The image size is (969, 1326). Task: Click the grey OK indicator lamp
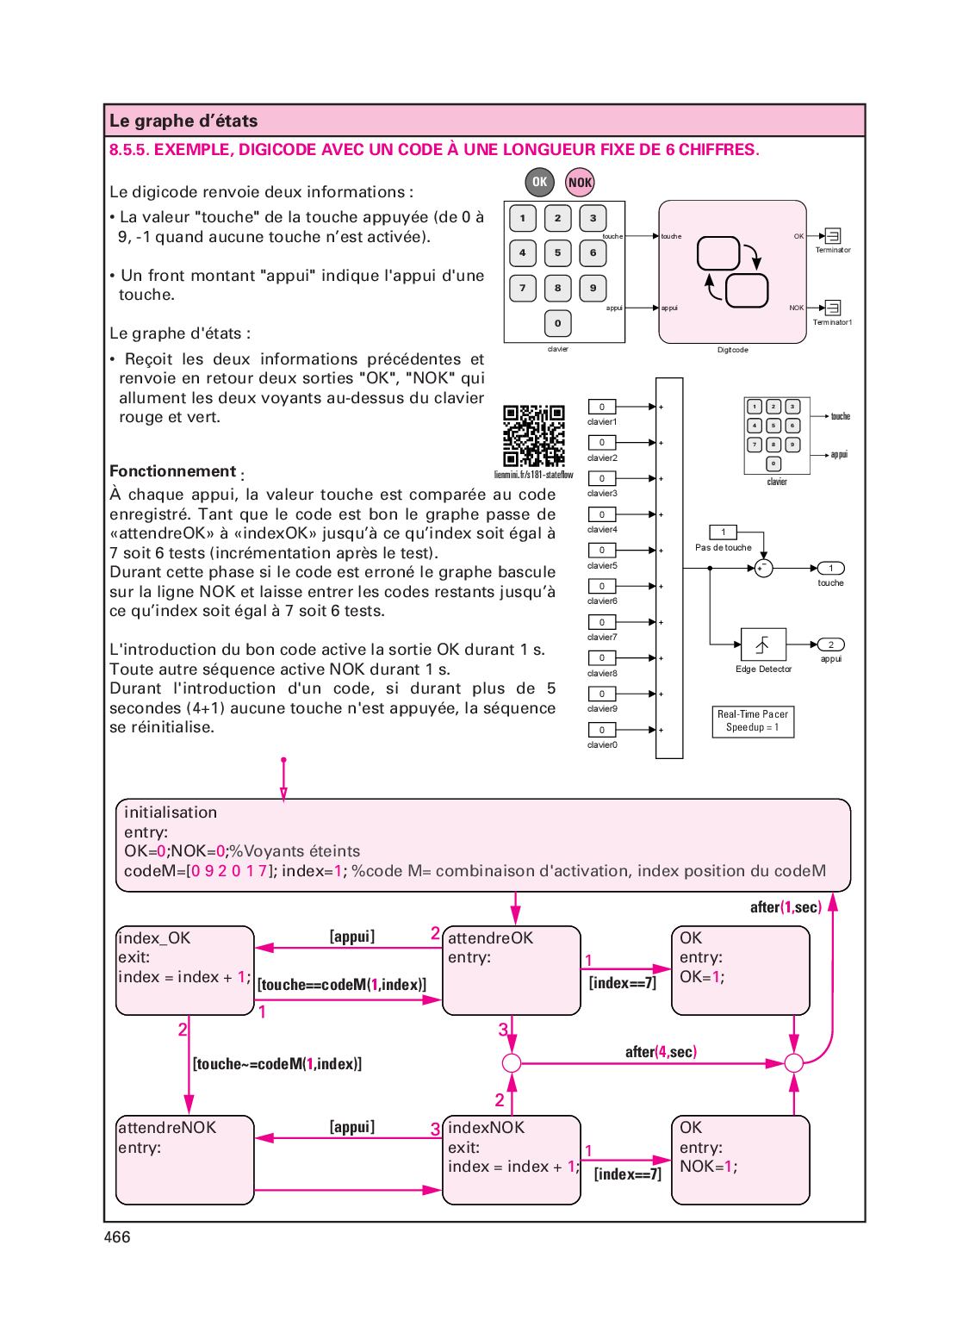point(539,182)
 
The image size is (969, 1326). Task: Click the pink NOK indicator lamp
point(580,182)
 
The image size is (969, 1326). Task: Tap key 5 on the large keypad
point(557,253)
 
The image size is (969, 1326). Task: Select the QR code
point(534,436)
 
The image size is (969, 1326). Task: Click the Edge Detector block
point(763,644)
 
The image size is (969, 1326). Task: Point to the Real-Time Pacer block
point(752,721)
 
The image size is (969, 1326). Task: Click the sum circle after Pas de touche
point(763,568)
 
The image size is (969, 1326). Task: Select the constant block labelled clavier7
point(602,622)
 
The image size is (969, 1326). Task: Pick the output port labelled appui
point(830,644)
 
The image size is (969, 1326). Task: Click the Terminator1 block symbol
point(833,308)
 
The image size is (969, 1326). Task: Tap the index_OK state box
point(185,970)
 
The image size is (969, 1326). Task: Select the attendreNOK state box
point(185,1160)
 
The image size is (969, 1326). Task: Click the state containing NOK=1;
point(740,1160)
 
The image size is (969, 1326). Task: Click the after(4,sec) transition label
point(661,1052)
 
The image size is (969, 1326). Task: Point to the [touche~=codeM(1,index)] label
point(277,1064)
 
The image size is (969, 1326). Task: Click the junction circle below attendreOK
point(512,1062)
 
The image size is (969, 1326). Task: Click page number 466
point(117,1237)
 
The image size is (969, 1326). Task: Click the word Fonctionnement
point(172,471)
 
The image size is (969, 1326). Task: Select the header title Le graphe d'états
point(183,121)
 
